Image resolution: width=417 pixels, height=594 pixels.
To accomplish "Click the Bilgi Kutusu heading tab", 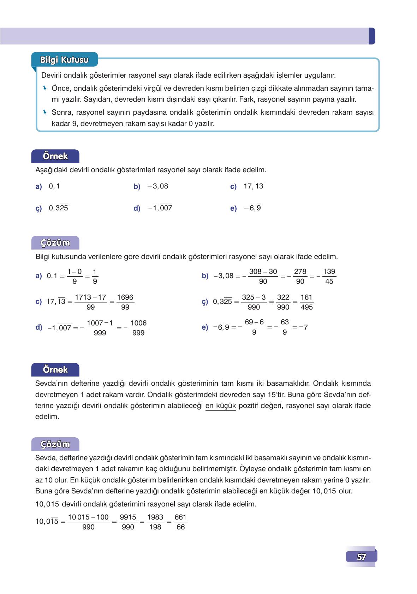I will (x=64, y=60).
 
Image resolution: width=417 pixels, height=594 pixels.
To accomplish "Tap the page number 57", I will (x=361, y=557).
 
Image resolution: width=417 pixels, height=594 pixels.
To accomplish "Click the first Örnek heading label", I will (x=55, y=156).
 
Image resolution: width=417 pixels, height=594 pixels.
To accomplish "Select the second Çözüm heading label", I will (x=55, y=444).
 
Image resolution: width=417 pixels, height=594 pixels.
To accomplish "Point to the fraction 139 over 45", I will (x=329, y=276).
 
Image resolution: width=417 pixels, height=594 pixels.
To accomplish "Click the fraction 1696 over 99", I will (x=125, y=302).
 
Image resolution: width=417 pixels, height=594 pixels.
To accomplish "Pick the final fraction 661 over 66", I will (x=180, y=522).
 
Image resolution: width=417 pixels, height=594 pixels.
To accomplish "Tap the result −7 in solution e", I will (x=303, y=327).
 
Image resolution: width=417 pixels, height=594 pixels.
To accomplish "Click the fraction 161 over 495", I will (x=306, y=302).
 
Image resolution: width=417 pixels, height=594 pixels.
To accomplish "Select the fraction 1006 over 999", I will (x=138, y=328).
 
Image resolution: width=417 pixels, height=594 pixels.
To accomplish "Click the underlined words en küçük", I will (x=220, y=406).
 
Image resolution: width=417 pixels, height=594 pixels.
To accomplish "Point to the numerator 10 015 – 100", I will (x=88, y=517).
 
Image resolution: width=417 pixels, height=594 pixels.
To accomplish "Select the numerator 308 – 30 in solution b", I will (x=263, y=271).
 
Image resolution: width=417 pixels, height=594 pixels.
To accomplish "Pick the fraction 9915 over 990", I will (x=128, y=522).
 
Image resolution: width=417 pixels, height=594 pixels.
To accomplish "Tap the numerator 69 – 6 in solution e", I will (x=254, y=322).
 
